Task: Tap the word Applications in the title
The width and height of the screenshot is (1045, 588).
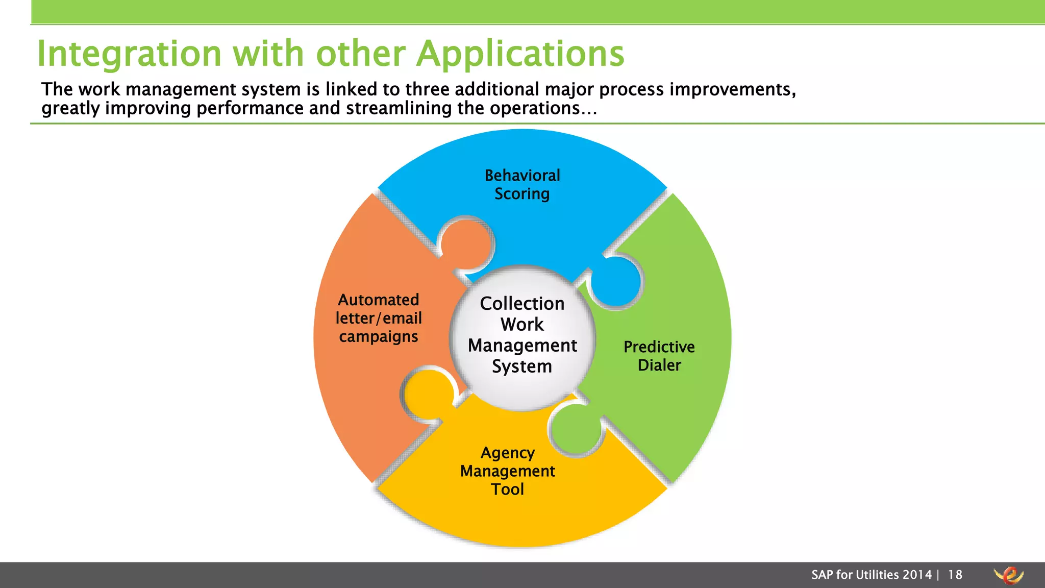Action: [520, 54]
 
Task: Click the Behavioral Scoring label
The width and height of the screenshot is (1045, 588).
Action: [522, 184]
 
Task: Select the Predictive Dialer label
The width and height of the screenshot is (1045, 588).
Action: [659, 356]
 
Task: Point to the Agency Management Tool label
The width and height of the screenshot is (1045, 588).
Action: [507, 471]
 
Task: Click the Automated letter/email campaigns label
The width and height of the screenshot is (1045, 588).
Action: [379, 318]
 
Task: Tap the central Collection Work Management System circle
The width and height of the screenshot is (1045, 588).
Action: [522, 337]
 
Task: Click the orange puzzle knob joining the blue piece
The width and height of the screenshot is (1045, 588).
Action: [467, 242]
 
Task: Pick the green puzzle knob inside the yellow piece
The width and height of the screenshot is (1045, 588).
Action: [576, 429]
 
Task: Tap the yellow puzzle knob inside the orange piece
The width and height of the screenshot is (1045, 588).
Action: [427, 394]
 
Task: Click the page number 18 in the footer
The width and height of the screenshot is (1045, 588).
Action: [955, 575]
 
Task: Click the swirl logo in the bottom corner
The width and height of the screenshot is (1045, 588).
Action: [1008, 575]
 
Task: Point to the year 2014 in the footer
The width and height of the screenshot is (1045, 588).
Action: [917, 575]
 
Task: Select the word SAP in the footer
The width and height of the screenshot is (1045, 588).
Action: [823, 575]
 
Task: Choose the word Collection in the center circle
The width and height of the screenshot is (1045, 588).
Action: [522, 304]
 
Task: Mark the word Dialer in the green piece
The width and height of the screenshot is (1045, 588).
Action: [659, 365]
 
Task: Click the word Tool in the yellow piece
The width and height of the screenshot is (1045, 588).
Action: [507, 489]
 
